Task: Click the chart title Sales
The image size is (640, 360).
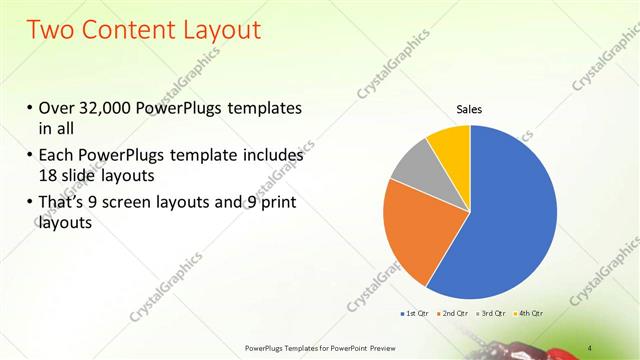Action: pyautogui.click(x=470, y=109)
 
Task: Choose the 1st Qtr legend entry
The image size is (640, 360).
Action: pyautogui.click(x=414, y=315)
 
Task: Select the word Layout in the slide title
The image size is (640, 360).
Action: pyautogui.click(x=229, y=30)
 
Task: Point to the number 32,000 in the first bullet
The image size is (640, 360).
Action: pyautogui.click(x=109, y=108)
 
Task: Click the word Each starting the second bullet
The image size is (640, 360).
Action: pyautogui.click(x=56, y=156)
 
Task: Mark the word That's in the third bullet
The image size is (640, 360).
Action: pyautogui.click(x=62, y=204)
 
